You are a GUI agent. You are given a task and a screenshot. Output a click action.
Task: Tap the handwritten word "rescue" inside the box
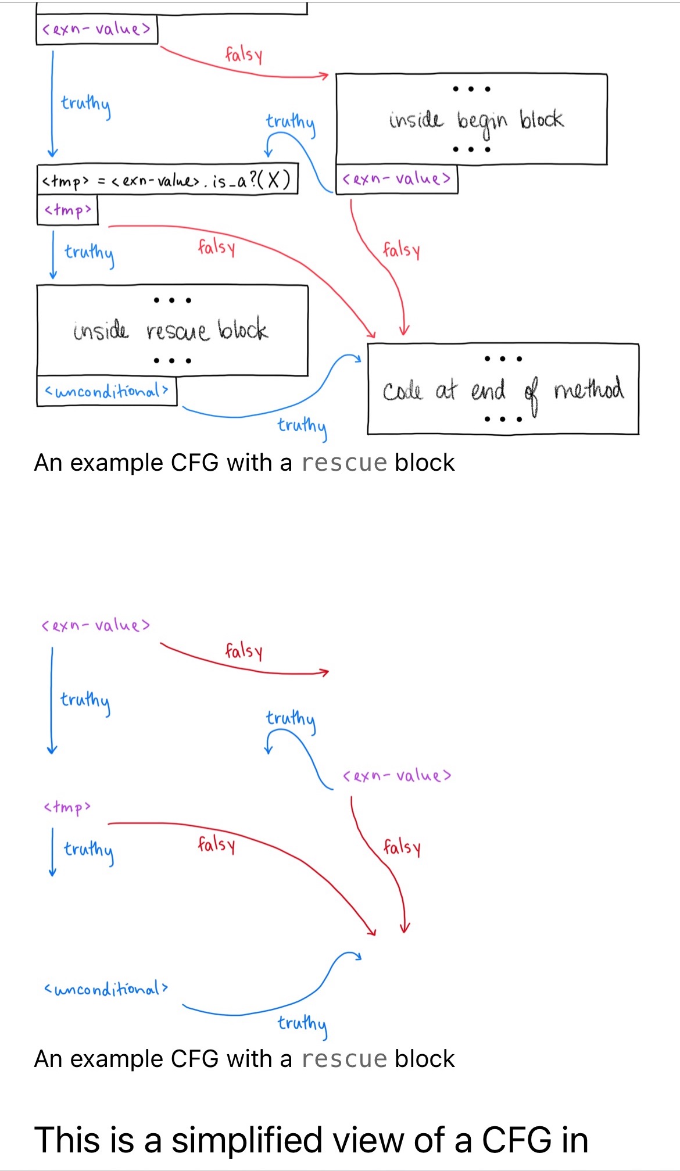point(177,331)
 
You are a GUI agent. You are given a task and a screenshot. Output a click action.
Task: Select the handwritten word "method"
point(589,388)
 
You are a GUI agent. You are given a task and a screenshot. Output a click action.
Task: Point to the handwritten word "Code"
point(402,391)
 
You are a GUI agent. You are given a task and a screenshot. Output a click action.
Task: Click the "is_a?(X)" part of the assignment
point(251,180)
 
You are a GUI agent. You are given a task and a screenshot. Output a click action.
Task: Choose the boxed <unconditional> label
point(106,391)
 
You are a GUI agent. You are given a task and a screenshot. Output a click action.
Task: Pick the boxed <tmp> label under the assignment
point(67,210)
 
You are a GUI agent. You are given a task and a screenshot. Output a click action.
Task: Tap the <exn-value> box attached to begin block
point(397,179)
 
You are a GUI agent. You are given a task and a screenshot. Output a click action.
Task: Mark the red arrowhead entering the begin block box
point(324,76)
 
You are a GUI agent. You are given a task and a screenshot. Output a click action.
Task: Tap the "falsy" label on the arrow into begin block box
point(244,55)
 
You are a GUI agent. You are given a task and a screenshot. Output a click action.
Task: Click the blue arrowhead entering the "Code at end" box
point(357,358)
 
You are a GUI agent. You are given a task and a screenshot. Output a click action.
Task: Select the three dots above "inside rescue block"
point(173,300)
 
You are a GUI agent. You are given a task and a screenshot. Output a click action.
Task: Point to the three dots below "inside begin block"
point(471,149)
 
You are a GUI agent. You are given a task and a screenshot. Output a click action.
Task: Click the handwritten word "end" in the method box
point(488,390)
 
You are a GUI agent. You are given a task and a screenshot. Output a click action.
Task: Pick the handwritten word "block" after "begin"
point(541,120)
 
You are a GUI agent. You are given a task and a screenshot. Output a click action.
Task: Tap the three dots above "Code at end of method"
point(503,359)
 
